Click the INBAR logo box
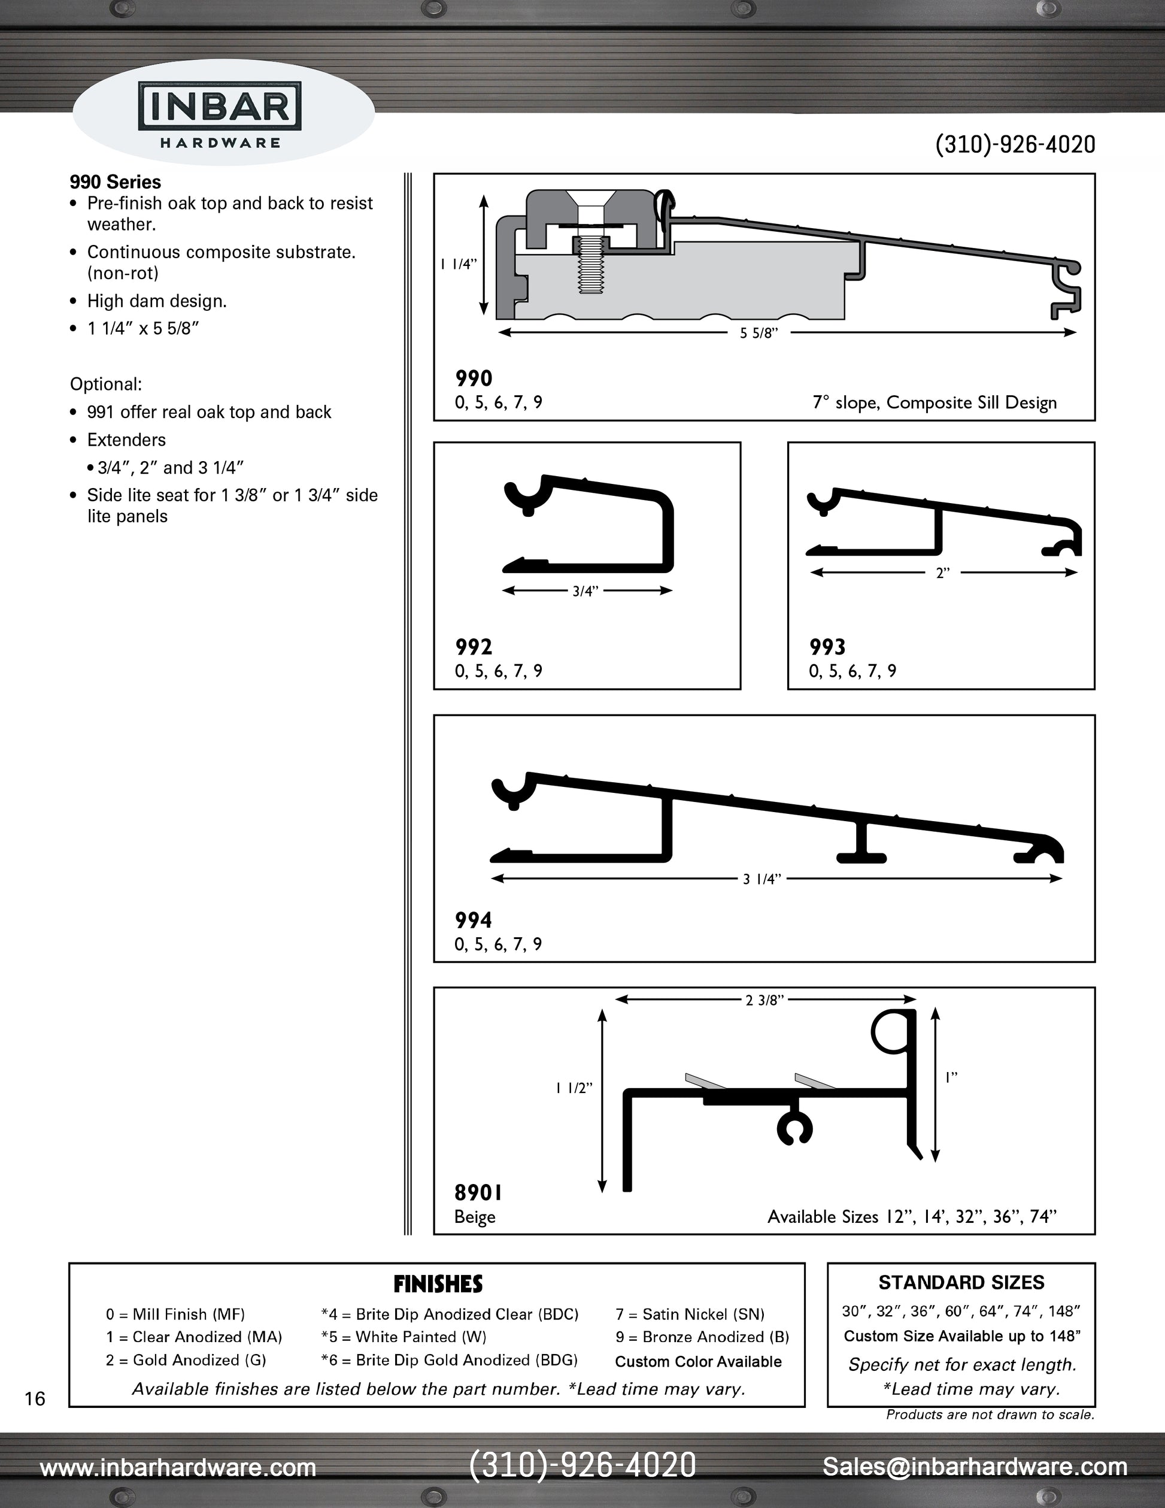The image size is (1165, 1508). pos(220,105)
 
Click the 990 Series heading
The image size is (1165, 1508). pos(116,182)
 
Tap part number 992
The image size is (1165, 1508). pos(474,647)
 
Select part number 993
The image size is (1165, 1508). pos(827,647)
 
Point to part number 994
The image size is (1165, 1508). pos(474,920)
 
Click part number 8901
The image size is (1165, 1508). pos(478,1192)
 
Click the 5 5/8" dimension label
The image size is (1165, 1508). pos(759,334)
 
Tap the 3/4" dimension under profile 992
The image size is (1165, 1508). pos(585,591)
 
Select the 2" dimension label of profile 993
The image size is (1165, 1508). pos(943,573)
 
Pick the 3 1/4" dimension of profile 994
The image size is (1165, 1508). pos(762,879)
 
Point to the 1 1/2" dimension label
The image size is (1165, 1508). pos(574,1088)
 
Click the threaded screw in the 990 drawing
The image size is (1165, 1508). pos(588,265)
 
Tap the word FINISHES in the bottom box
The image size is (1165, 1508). pos(438,1284)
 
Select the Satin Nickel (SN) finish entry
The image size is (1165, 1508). pos(690,1315)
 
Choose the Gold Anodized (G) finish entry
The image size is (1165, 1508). pos(186,1360)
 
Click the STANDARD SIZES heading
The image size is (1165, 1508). pos(961,1283)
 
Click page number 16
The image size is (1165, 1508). pos(35,1399)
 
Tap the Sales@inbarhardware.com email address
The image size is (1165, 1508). pos(975,1467)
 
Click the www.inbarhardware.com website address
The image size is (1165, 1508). pos(178,1467)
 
